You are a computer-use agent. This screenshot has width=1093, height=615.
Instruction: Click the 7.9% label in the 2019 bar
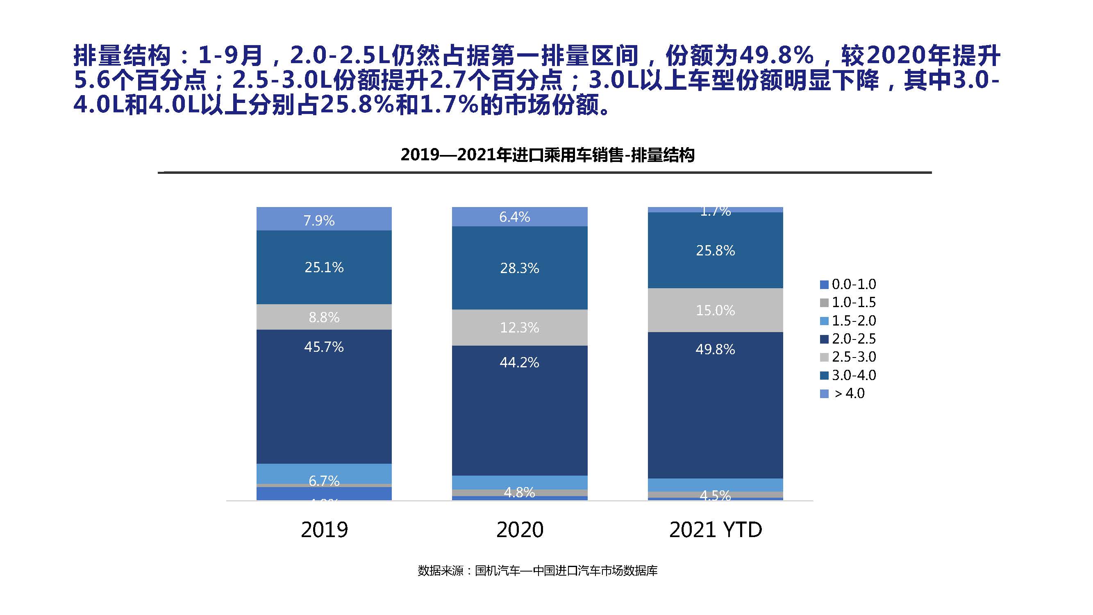319,221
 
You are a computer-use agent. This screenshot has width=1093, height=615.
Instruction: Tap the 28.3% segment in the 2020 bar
519,268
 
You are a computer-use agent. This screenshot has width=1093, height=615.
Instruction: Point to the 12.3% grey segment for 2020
519,327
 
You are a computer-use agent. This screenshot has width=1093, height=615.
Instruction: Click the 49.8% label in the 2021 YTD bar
715,349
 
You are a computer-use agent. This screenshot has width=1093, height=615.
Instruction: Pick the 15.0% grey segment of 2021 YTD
715,310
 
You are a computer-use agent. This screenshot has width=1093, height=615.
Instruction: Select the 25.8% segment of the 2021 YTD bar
715,251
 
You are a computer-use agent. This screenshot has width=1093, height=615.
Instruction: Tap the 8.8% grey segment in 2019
324,317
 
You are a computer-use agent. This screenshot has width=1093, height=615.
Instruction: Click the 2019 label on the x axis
324,530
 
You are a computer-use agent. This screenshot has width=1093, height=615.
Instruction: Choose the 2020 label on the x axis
520,530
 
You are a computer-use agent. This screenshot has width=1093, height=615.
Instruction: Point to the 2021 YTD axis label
716,530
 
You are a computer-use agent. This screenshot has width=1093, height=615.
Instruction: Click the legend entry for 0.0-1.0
849,284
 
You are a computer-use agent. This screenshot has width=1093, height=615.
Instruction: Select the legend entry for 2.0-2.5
849,339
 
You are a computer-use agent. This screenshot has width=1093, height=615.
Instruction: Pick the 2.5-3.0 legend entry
849,357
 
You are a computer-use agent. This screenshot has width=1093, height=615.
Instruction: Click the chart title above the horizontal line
547,155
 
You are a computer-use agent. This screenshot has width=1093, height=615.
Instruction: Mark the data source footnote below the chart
538,571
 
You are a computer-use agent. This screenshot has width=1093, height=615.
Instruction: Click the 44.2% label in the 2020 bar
519,362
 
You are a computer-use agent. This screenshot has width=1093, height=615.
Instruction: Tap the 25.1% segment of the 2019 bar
324,267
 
